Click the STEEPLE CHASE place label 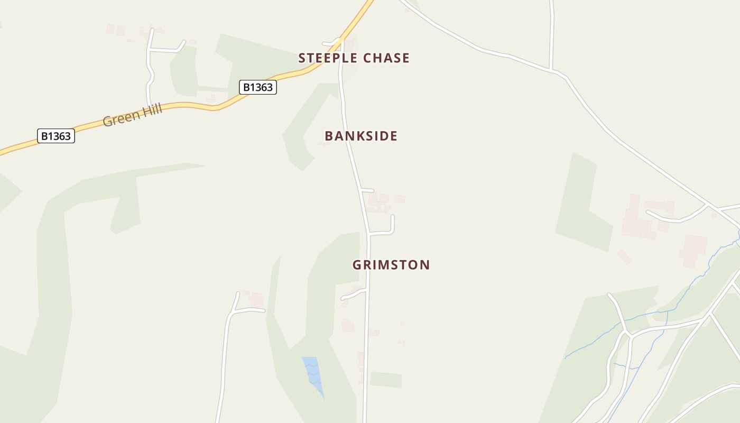coord(354,58)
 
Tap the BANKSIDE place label coord(361,136)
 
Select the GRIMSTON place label coord(391,265)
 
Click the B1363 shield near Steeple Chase coord(258,87)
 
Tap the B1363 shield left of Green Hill coord(56,136)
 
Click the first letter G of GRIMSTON coord(357,265)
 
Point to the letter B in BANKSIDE coord(329,136)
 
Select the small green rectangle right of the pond coord(385,380)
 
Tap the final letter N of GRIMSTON coord(425,265)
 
